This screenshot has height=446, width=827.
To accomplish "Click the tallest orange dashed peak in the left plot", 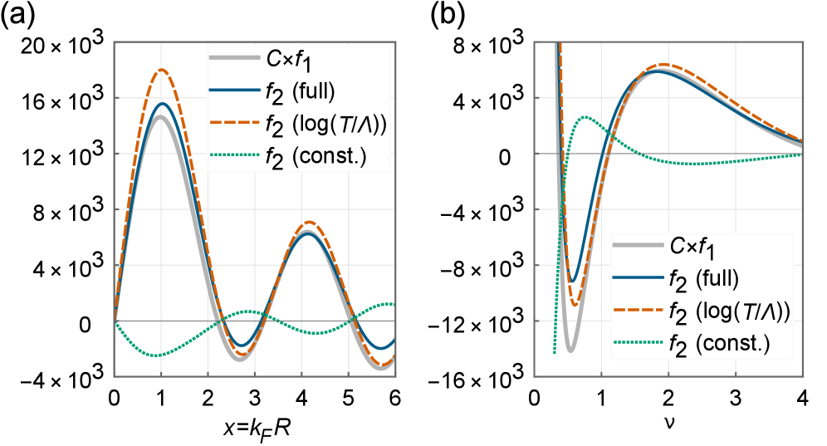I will coord(163,70).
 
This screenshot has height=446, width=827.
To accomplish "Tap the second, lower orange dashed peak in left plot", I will coord(309,222).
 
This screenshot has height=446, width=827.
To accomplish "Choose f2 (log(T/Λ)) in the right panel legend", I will coord(729,311).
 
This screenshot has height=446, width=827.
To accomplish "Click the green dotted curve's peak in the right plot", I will coord(586,117).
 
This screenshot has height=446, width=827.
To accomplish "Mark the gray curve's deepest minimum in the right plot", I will coord(570,350).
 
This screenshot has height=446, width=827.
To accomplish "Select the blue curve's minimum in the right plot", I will coord(573,282).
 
